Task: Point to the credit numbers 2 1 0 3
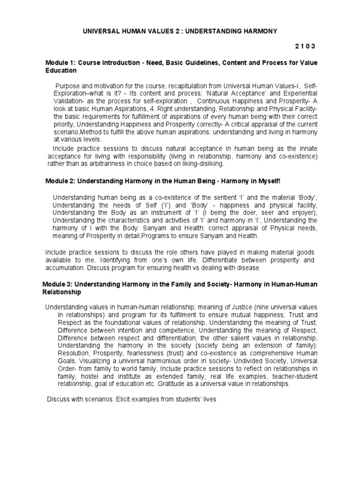click(305, 46)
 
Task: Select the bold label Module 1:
click(60, 62)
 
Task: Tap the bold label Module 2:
click(60, 181)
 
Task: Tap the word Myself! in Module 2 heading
click(268, 181)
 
